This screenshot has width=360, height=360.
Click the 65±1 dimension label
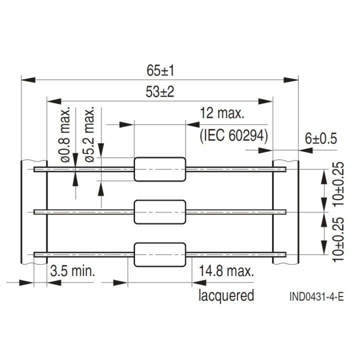(160, 70)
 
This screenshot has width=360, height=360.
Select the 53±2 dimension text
(160, 92)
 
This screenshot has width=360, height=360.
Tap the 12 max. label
(222, 113)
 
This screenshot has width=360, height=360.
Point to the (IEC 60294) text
(234, 136)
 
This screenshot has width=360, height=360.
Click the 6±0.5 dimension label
(321, 138)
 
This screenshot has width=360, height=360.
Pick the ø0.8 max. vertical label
(65, 134)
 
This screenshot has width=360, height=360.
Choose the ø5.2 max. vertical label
(90, 134)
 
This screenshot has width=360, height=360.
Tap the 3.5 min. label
(72, 271)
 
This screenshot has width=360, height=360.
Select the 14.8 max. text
(226, 271)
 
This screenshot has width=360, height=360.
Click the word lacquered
(226, 295)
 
